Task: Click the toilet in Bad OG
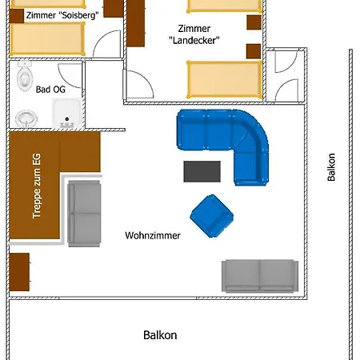(x=25, y=75)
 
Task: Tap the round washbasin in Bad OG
(x=26, y=118)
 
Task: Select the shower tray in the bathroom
(x=67, y=113)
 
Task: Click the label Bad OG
(x=50, y=90)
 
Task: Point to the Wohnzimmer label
(x=153, y=235)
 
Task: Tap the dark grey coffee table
(x=202, y=171)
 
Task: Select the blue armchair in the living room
(x=212, y=216)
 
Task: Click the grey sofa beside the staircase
(x=84, y=214)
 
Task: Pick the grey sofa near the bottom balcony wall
(x=260, y=276)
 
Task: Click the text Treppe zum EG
(x=37, y=186)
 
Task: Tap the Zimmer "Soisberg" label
(x=62, y=15)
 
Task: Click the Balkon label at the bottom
(x=160, y=335)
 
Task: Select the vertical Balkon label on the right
(x=331, y=167)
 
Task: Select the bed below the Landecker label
(x=225, y=80)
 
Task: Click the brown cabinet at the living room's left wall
(x=19, y=272)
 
